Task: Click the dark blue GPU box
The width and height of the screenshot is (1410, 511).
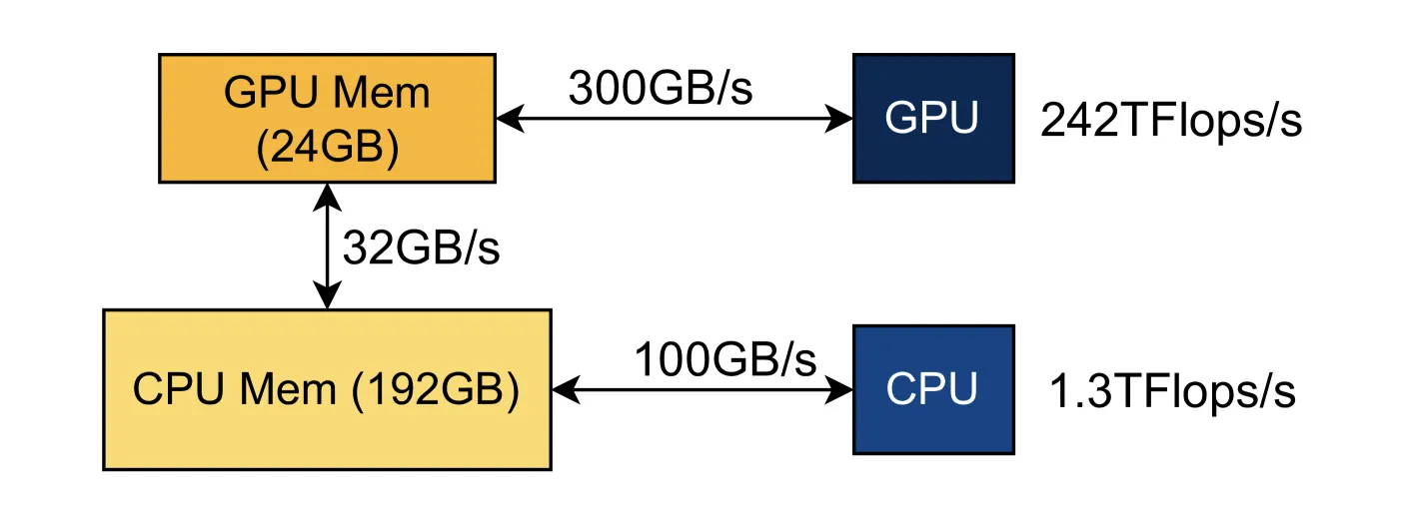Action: click(933, 118)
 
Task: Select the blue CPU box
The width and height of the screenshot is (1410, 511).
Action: click(933, 389)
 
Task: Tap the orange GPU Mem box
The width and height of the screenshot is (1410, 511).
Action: click(328, 118)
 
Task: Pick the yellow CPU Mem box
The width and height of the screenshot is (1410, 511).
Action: click(328, 389)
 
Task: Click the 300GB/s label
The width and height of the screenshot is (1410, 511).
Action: click(661, 88)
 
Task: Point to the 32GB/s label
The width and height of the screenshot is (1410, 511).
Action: click(421, 248)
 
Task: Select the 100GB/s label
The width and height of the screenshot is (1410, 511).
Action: click(725, 359)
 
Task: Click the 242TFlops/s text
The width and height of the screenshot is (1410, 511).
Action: click(1171, 120)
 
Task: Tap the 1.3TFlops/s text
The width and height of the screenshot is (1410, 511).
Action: click(1173, 391)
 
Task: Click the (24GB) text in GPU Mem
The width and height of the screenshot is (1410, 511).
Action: click(328, 148)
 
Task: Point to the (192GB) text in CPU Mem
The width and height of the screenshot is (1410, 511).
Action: click(436, 389)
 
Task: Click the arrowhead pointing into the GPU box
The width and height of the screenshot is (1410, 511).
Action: click(838, 118)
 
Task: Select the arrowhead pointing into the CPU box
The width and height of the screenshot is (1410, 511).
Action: click(838, 389)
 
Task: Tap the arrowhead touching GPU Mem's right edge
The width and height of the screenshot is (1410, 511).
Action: click(511, 118)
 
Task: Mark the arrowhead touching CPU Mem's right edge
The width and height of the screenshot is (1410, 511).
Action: click(567, 389)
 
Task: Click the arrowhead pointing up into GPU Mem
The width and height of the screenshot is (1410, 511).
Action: click(328, 198)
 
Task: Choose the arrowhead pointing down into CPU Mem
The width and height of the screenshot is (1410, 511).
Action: click(328, 294)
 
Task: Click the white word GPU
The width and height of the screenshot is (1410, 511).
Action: click(931, 118)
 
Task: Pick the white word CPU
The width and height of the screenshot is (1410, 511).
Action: click(931, 389)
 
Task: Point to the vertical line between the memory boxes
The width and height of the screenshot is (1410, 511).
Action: click(328, 247)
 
